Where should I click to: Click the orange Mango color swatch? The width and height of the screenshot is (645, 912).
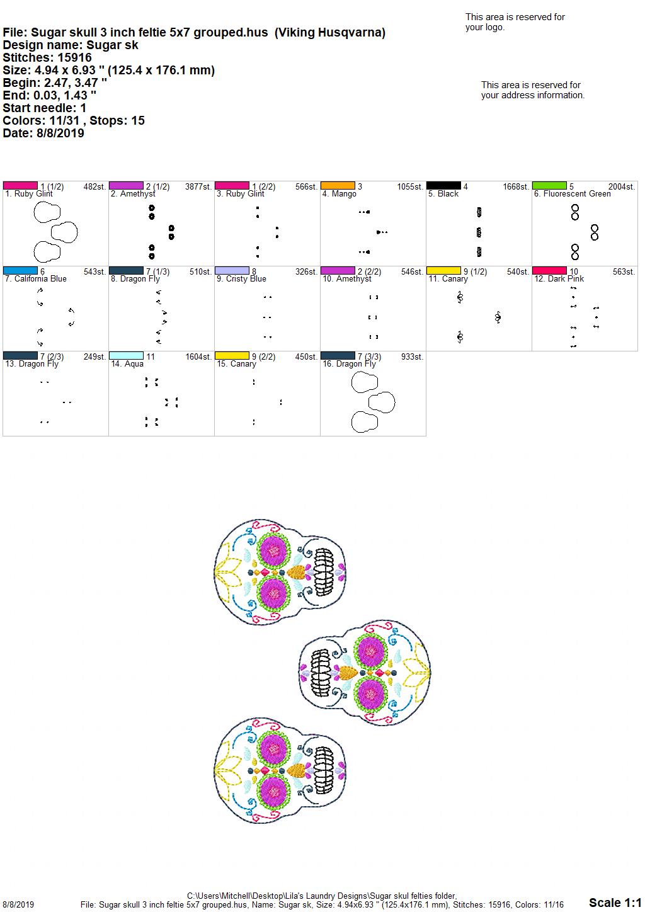point(338,186)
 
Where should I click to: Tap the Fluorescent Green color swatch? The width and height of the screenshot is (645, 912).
point(549,186)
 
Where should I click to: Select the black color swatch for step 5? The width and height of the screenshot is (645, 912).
point(443,186)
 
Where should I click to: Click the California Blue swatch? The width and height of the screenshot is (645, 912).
point(20,271)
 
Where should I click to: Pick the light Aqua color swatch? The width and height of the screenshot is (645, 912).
point(126,356)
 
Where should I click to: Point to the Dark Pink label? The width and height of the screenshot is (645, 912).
point(559,279)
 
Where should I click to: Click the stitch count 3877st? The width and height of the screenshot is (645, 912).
point(198,186)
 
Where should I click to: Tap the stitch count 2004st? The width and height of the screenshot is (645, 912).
point(622,186)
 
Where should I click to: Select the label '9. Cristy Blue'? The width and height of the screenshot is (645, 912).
point(241,279)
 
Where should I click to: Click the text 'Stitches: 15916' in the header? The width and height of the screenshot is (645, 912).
point(47,57)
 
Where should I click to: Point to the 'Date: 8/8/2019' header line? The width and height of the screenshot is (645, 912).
point(43,133)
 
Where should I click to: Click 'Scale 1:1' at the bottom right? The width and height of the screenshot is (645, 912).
point(615,903)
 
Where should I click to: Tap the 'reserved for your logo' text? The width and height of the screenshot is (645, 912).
point(515,22)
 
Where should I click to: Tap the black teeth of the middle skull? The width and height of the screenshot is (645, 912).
point(320,673)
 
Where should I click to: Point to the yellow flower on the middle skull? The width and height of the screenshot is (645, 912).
point(417,673)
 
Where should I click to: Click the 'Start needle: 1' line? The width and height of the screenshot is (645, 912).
point(44,108)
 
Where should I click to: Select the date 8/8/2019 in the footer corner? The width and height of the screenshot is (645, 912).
point(18,904)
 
